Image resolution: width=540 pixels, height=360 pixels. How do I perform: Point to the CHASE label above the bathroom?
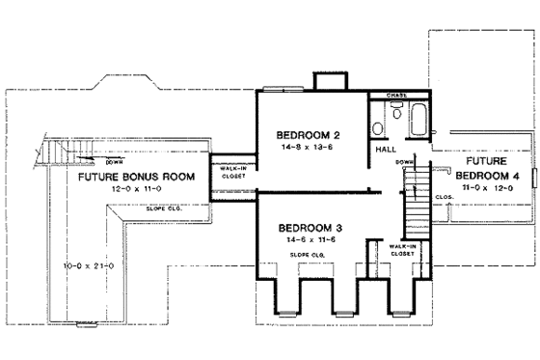coord(396,96)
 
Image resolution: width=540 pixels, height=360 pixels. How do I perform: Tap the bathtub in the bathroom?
coord(418,118)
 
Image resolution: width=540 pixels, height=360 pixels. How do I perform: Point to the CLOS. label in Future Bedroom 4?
coord(445,196)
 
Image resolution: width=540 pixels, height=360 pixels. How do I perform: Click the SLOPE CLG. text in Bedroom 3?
coord(306,255)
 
